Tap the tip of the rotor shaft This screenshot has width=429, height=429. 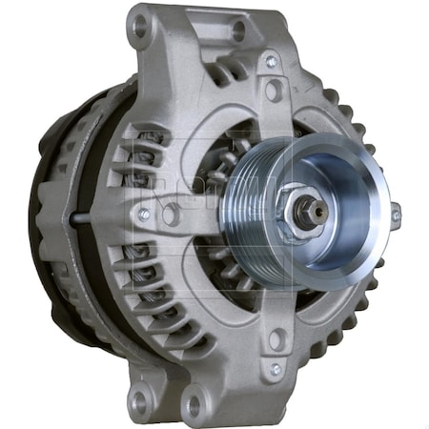pos(319,209)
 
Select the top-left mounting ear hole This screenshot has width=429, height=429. pos(142,28)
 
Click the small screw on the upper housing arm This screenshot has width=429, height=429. pos(272,63)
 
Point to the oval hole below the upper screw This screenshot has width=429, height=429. pos(274,92)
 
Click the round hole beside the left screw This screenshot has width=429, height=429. pos(171,214)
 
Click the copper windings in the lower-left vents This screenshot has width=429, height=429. pos(143,276)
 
